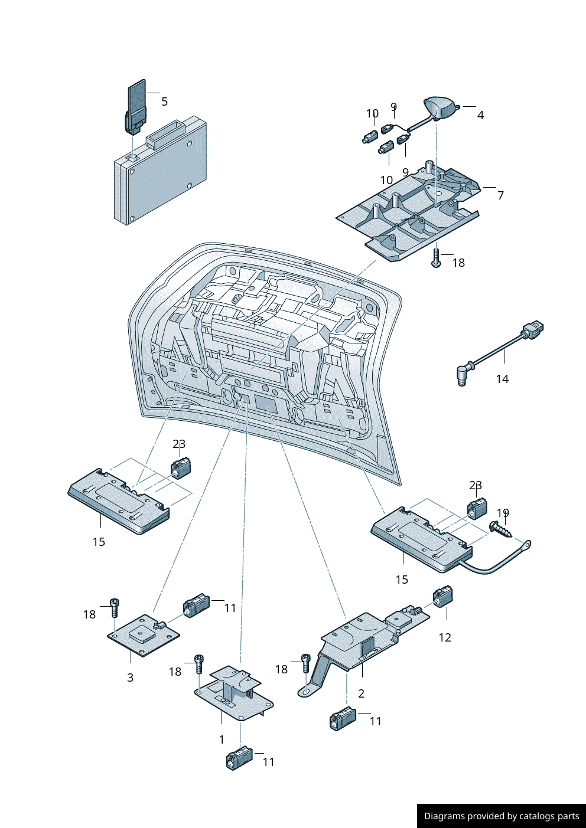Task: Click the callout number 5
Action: pos(164,102)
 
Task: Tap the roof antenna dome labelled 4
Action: pos(440,107)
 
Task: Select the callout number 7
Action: pos(500,195)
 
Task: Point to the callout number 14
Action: pos(502,379)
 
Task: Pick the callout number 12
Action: pos(445,637)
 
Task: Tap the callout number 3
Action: pos(131,678)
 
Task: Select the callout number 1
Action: pos(222,739)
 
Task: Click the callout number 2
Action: pos(361,693)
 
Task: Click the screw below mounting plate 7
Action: pos(436,258)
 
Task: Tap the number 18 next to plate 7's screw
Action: pos(458,263)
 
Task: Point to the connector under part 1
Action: pos(239,759)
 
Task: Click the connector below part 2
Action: pos(342,718)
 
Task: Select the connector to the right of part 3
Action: pos(196,605)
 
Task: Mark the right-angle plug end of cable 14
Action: pos(463,374)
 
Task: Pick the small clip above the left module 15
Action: pos(180,468)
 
